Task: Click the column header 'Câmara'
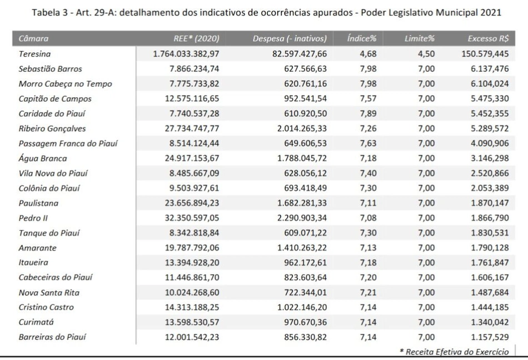pyautogui.click(x=34, y=38)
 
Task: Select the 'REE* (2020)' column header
pyautogui.click(x=197, y=38)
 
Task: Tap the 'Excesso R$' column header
pyautogui.click(x=487, y=38)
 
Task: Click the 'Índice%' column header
pyautogui.click(x=362, y=38)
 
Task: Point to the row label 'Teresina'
pyautogui.click(x=34, y=54)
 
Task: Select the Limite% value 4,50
pyautogui.click(x=426, y=54)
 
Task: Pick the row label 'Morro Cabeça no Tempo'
pyautogui.click(x=65, y=84)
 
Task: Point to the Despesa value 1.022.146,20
pyautogui.click(x=299, y=307)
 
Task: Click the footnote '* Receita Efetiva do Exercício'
pyautogui.click(x=454, y=352)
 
